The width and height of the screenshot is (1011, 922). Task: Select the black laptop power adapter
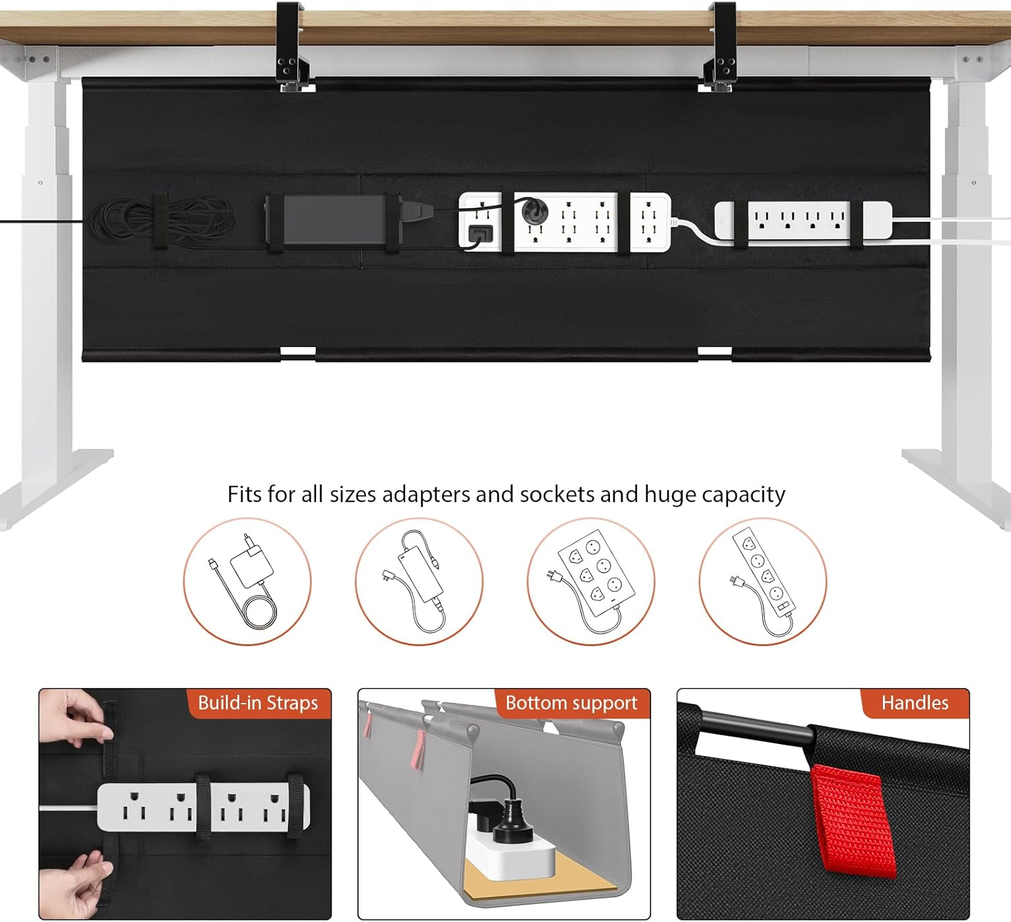pos(334,220)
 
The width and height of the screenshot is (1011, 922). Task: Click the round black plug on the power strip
pos(534,212)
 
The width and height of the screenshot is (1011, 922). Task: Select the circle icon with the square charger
pos(247,581)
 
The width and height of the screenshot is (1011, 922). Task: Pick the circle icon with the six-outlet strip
pos(591,581)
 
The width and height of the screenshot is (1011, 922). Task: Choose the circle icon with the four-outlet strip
pos(763,581)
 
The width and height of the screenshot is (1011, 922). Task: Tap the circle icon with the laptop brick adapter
pos(419,581)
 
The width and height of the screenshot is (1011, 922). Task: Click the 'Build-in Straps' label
pos(257,704)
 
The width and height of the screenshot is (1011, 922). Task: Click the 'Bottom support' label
pos(571,704)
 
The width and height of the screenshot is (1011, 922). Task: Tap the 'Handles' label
pos(915,704)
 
